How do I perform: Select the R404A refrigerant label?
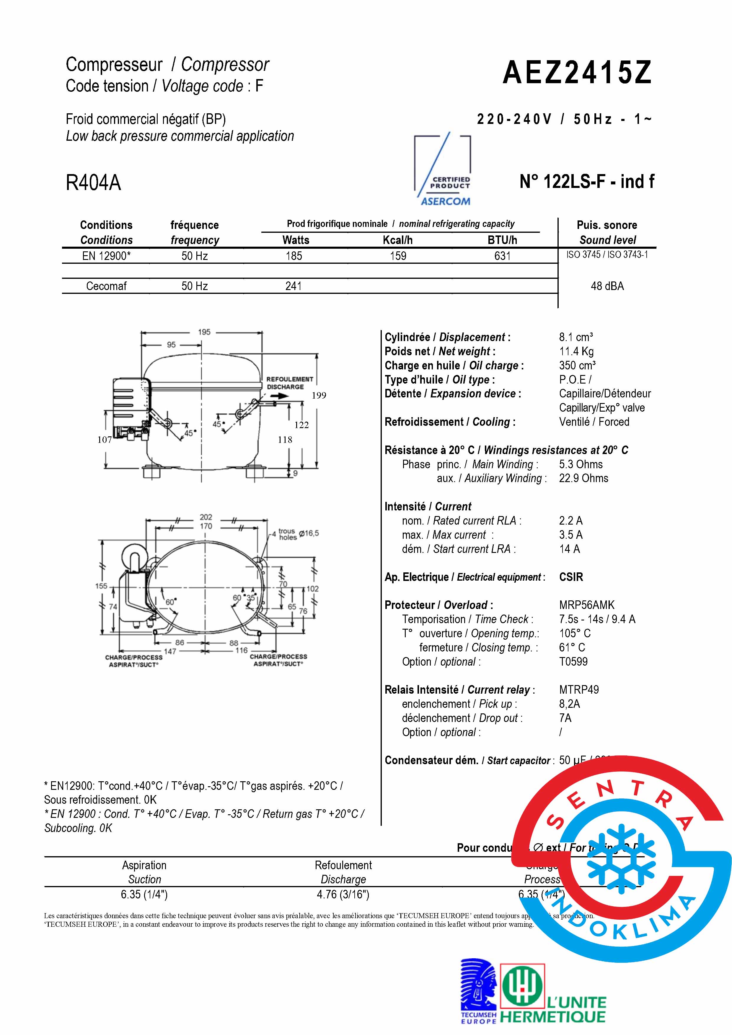click(x=93, y=183)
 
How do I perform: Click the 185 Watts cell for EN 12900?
click(x=294, y=256)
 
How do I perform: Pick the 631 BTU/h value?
click(x=502, y=256)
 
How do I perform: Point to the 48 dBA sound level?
click(x=607, y=286)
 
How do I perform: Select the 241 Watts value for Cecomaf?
click(x=293, y=286)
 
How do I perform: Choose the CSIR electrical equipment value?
click(x=571, y=577)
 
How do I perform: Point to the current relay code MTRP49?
click(x=579, y=690)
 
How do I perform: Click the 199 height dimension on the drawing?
click(x=319, y=396)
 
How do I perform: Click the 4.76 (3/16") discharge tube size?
click(x=343, y=894)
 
